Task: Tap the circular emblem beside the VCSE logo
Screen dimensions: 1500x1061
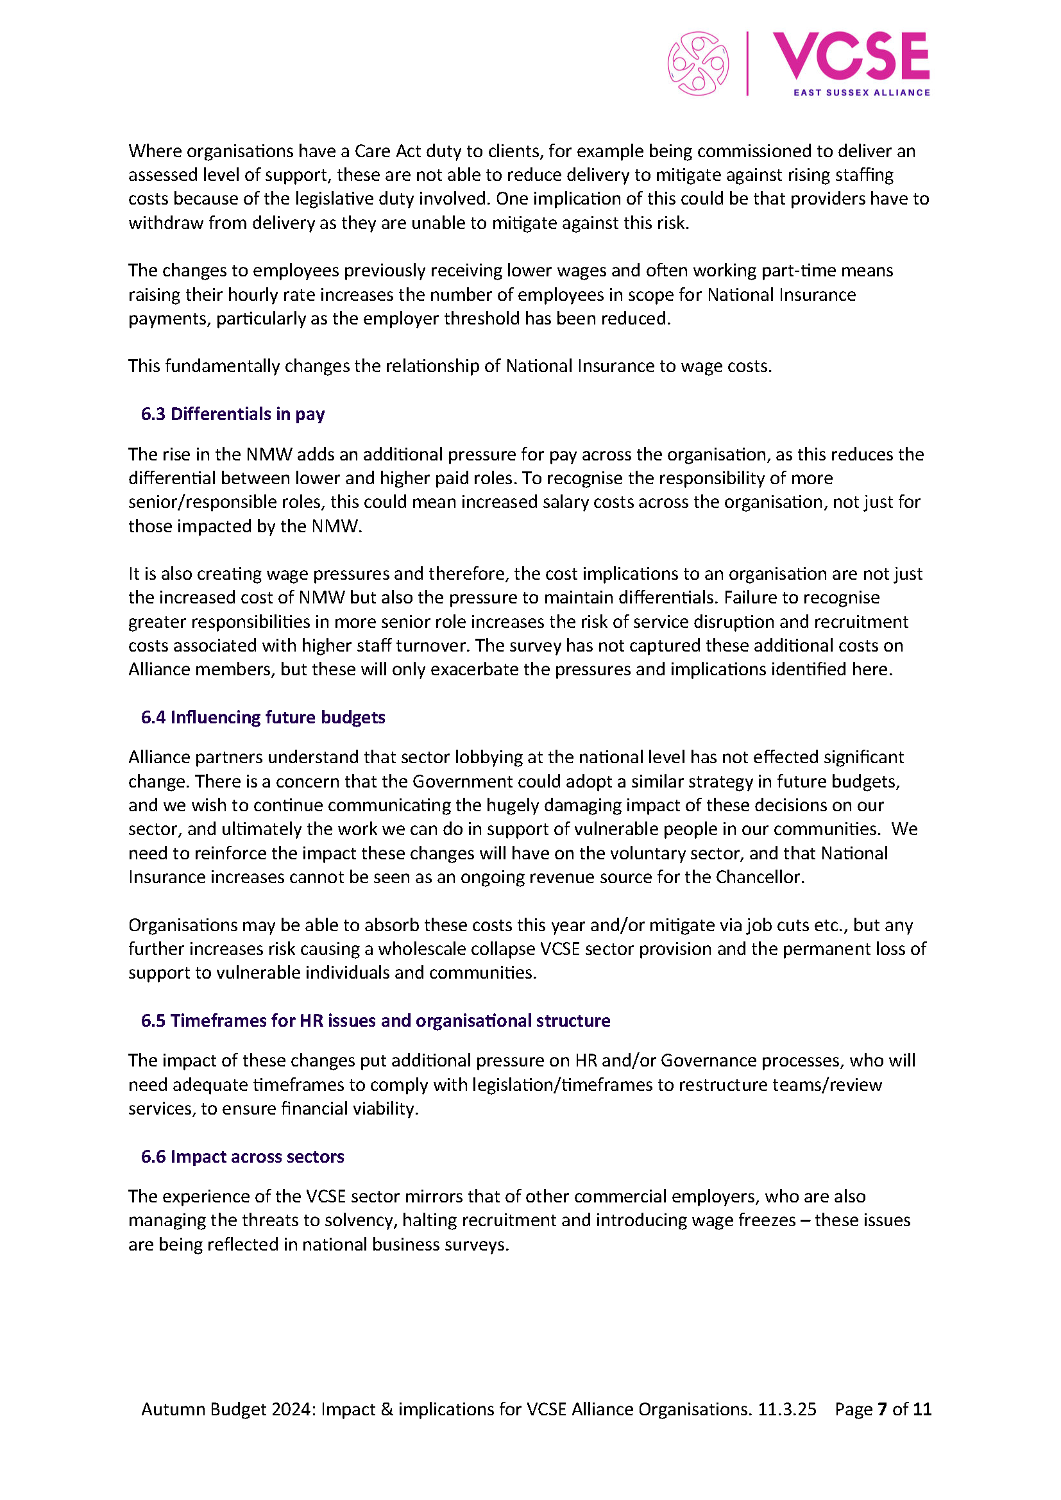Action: pyautogui.click(x=698, y=64)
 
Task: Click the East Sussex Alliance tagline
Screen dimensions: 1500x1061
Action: pyautogui.click(x=861, y=93)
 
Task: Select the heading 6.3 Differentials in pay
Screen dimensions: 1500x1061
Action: pyautogui.click(x=233, y=414)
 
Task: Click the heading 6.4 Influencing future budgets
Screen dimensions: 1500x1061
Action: pyautogui.click(x=262, y=718)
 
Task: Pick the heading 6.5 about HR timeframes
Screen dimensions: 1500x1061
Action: pyautogui.click(x=375, y=1020)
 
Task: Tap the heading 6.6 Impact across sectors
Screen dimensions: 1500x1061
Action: pyautogui.click(x=242, y=1156)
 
